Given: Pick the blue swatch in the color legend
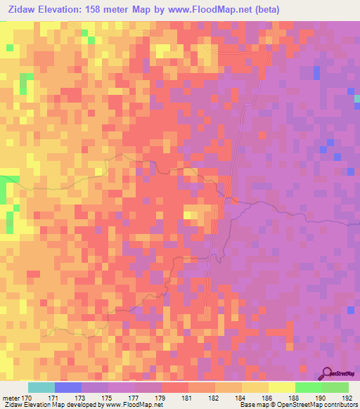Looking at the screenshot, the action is [67, 387].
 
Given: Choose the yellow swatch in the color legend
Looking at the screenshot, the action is [281, 387].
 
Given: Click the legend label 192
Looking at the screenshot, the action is [347, 398].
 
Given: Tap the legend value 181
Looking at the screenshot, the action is [186, 398].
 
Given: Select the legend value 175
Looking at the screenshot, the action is [106, 398].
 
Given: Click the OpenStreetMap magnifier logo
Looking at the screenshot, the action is [327, 373].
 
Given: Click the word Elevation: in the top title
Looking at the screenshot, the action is [63, 9].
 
